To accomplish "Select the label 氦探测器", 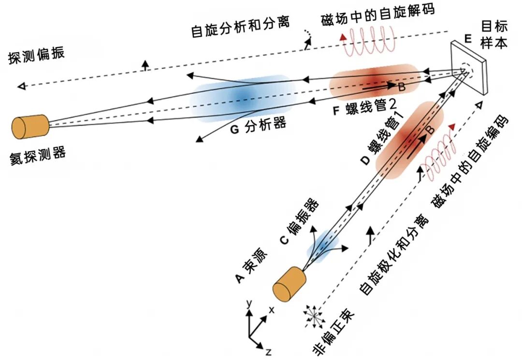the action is click(x=38, y=156).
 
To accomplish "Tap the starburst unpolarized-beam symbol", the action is click(x=314, y=317).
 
